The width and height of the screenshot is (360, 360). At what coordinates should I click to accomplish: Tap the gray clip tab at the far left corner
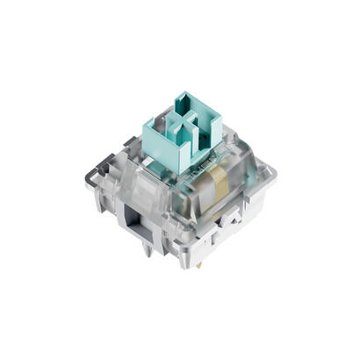tap(103, 167)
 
